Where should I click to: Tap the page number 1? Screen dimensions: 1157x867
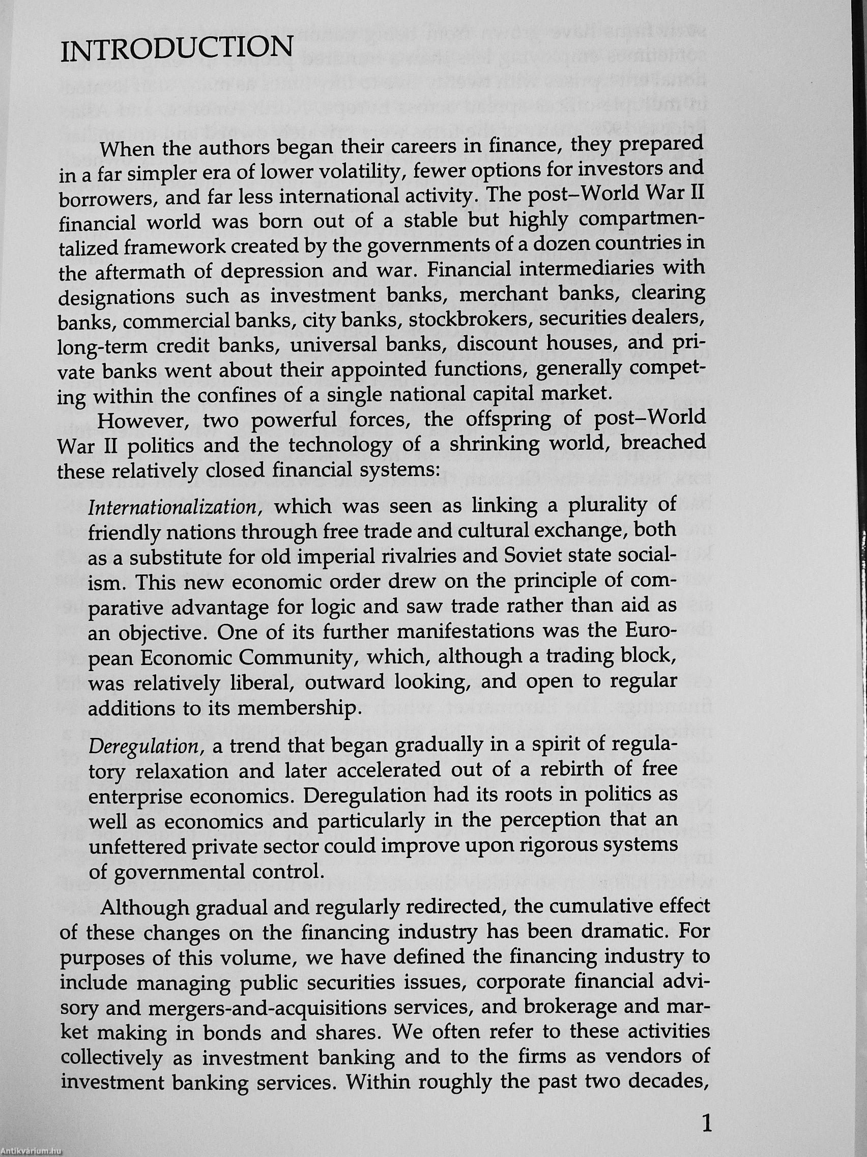click(707, 1122)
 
